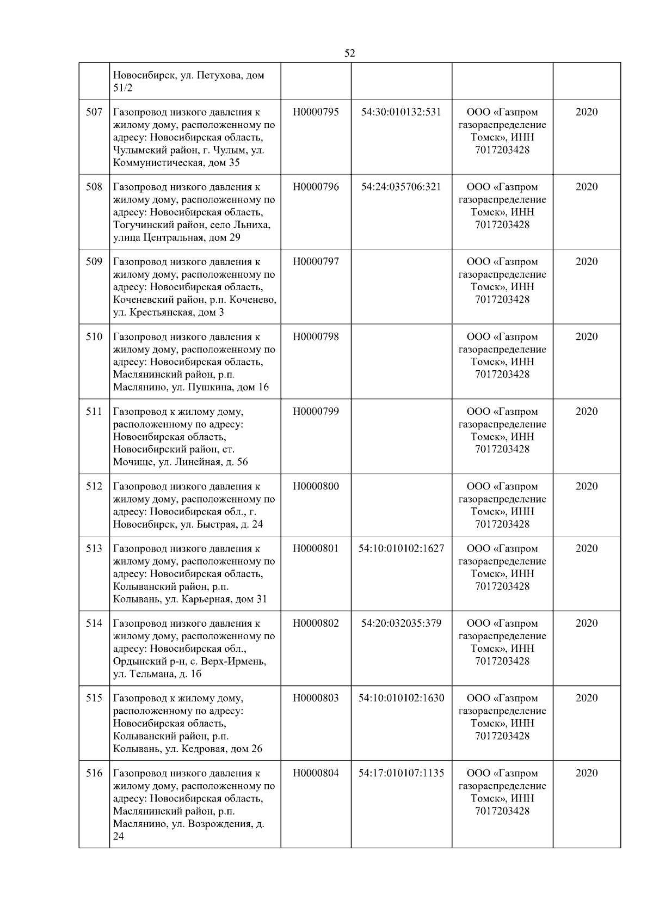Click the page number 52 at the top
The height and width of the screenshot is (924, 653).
pyautogui.click(x=349, y=53)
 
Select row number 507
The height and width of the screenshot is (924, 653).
pyautogui.click(x=94, y=112)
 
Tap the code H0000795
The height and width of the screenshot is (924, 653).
pyautogui.click(x=316, y=112)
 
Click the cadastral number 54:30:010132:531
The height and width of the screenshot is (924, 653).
pyautogui.click(x=401, y=112)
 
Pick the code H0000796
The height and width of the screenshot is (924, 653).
pyautogui.click(x=316, y=187)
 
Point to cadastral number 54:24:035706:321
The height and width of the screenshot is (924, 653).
pyautogui.click(x=401, y=187)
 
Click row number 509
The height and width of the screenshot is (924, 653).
pyautogui.click(x=94, y=262)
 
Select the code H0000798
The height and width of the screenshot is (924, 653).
pyautogui.click(x=316, y=336)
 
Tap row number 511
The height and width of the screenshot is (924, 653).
pyautogui.click(x=94, y=412)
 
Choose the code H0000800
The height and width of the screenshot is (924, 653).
pyautogui.click(x=316, y=486)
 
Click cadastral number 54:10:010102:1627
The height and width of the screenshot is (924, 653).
pyautogui.click(x=401, y=548)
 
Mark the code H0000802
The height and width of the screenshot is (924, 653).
pyautogui.click(x=316, y=623)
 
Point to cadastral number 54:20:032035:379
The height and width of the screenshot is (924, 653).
pyautogui.click(x=401, y=623)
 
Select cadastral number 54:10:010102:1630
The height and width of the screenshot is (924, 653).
pyautogui.click(x=401, y=698)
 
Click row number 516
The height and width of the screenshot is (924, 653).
pyautogui.click(x=94, y=773)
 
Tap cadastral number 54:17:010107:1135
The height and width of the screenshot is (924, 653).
pyautogui.click(x=401, y=773)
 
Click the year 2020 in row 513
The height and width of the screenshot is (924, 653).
pyautogui.click(x=586, y=548)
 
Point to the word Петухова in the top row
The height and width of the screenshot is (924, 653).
pyautogui.click(x=218, y=75)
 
